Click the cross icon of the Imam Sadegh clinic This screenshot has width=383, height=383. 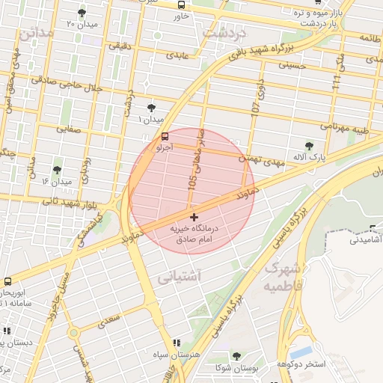click(x=194, y=217)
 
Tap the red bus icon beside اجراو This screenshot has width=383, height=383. click(x=165, y=136)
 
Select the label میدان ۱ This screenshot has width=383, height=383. click(x=153, y=120)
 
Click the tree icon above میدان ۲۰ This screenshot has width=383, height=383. click(x=82, y=13)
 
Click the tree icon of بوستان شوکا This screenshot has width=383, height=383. click(x=236, y=356)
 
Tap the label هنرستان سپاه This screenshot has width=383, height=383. click(x=177, y=355)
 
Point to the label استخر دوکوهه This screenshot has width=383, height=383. click(x=301, y=364)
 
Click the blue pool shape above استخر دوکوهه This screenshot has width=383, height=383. click(x=301, y=351)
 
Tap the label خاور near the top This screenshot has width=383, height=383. click(x=180, y=16)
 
